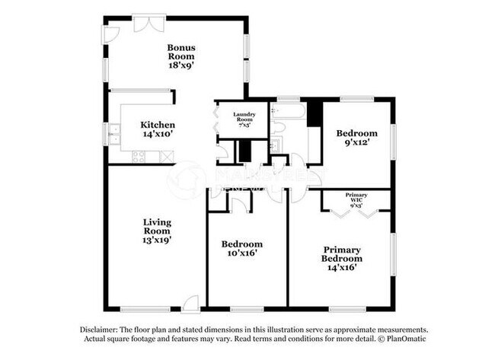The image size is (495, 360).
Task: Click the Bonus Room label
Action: tap(181, 56)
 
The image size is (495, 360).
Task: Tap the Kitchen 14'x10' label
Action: tap(158, 129)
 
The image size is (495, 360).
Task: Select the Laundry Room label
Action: tap(244, 119)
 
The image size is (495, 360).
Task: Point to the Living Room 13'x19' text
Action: tap(157, 231)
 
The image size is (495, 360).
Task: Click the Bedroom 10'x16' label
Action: tap(241, 249)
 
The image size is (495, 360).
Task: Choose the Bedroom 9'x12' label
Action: tap(356, 138)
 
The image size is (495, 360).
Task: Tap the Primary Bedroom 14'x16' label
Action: tap(342, 259)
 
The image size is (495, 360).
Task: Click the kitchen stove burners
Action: tap(139, 157)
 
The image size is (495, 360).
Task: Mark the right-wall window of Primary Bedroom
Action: tap(394, 255)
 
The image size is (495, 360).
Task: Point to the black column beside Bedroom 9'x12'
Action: tap(315, 113)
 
